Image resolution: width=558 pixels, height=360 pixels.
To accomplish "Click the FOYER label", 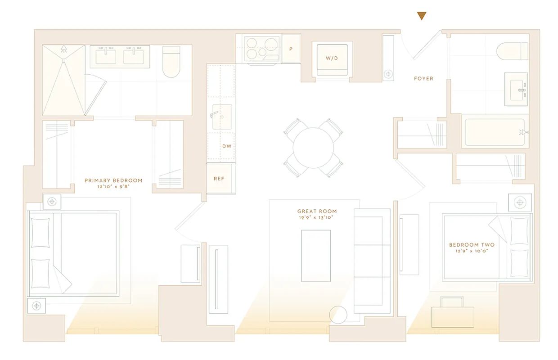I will coord(423,79).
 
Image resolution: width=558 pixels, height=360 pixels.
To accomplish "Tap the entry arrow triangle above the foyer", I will coord(421,16).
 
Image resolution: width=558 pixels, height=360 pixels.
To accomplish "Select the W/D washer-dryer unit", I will coord(332,59).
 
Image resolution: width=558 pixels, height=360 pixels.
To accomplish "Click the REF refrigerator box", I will coord(219,179).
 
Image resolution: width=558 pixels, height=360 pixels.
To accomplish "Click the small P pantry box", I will coord(291,48).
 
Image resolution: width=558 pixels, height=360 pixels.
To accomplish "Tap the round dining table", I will coord(313,148).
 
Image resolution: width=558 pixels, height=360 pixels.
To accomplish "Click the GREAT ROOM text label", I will coord(317,211).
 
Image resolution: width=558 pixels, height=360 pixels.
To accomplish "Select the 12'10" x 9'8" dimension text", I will coord(113,187).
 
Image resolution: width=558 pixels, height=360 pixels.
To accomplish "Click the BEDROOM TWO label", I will coord(472,245).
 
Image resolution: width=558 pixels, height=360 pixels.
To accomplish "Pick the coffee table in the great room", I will coord(316,256).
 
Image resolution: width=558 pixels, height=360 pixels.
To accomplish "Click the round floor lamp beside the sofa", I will coord(338,315).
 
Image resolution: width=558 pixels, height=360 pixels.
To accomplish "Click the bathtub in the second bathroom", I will coord(495,132).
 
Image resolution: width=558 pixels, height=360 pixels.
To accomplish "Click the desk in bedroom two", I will coord(452,316).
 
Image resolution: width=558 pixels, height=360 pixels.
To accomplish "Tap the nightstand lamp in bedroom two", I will coord(520,202).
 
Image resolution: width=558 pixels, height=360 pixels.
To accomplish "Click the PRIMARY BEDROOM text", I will coord(113,180).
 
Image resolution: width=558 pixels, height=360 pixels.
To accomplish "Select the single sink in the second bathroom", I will coord(516,89).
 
